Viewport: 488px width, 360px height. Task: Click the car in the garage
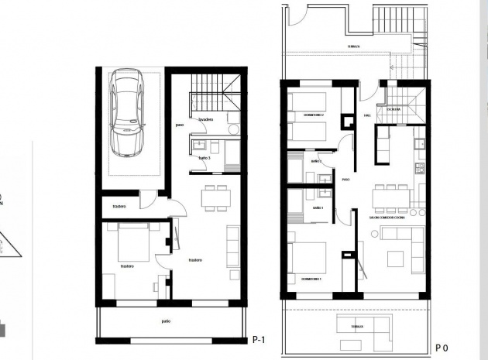tap(128, 112)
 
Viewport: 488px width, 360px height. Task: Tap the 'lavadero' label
tap(205, 121)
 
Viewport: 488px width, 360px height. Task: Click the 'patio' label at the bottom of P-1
tap(166, 321)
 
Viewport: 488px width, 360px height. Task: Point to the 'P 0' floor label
tap(442, 348)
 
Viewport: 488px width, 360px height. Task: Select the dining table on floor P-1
tap(215, 198)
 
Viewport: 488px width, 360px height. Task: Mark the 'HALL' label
tap(367, 116)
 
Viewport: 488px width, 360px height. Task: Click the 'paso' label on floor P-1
tap(179, 125)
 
